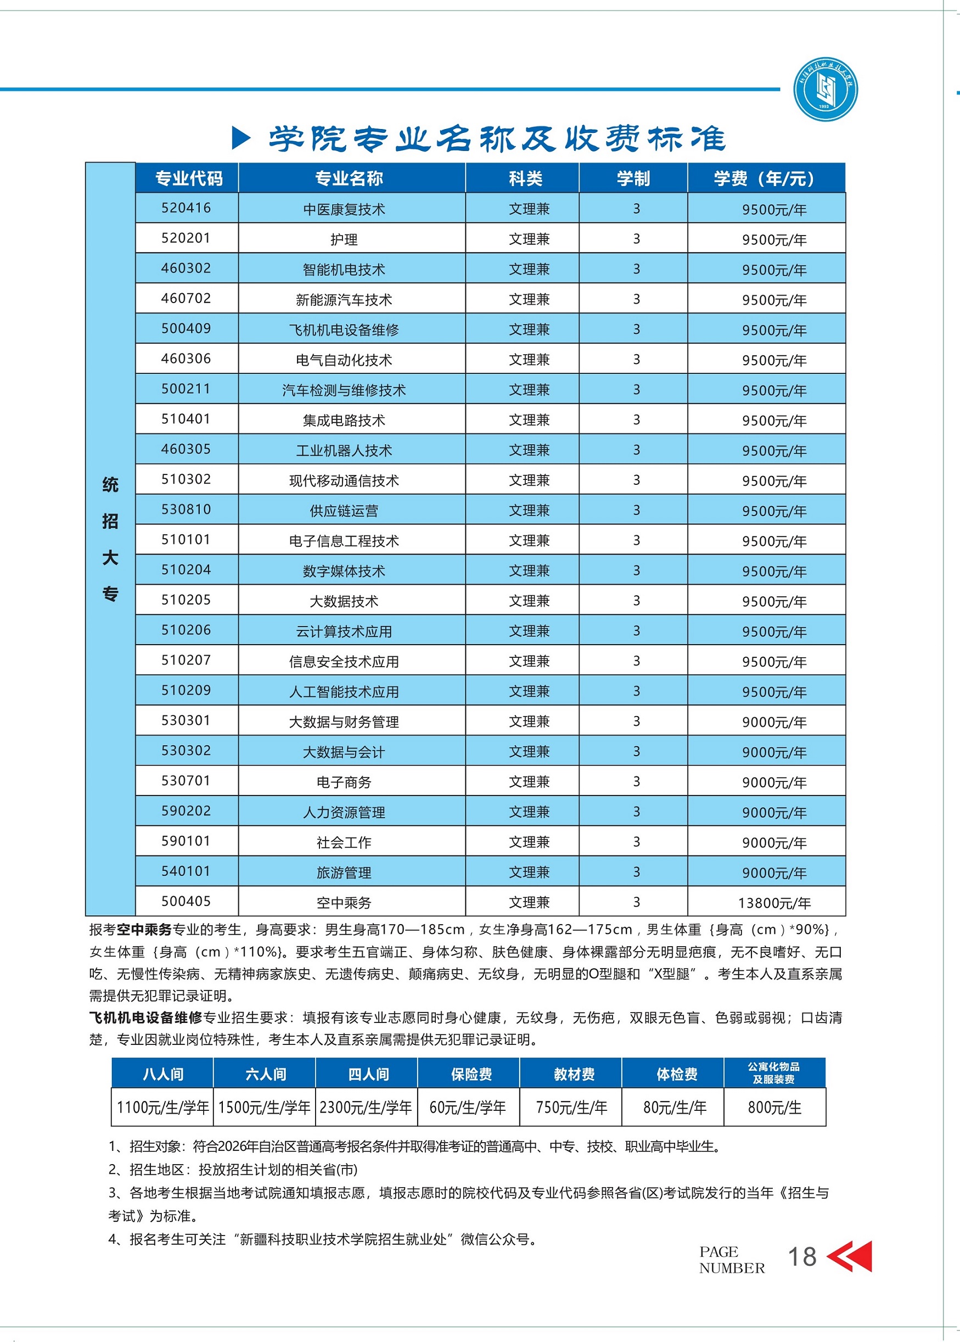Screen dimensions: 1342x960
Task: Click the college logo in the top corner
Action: (824, 90)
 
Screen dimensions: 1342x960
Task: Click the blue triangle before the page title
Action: (240, 138)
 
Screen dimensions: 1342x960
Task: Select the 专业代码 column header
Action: (188, 178)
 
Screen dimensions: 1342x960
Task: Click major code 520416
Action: (186, 208)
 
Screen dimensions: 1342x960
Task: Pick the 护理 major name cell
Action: (344, 239)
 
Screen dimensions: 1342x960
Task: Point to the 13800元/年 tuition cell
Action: (774, 903)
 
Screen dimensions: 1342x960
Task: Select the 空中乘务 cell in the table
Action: (344, 903)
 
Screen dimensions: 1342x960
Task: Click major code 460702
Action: (186, 299)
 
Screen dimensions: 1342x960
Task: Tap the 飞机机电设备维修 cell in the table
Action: (344, 330)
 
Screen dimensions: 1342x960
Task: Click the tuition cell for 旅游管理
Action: (774, 873)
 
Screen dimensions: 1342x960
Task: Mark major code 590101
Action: (186, 841)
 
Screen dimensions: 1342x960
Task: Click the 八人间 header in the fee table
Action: (162, 1074)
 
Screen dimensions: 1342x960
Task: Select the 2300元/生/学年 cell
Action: (366, 1108)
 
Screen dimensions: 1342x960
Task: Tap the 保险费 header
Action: (470, 1074)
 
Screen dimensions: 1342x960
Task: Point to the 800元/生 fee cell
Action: (774, 1108)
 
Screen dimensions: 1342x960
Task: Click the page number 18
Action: (801, 1256)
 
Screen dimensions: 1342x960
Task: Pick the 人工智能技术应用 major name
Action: (344, 692)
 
